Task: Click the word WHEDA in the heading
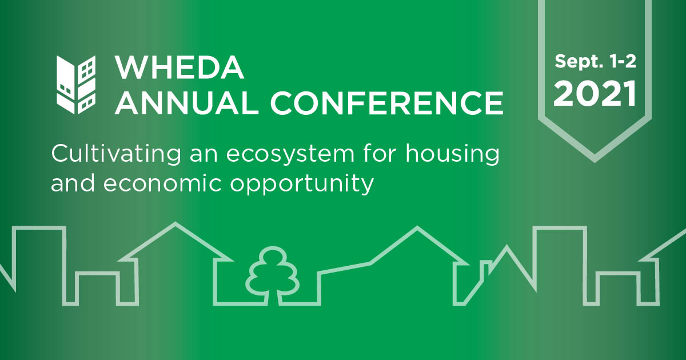pyautogui.click(x=180, y=67)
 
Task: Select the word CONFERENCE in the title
pyautogui.click(x=387, y=103)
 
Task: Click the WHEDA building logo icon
pyautogui.click(x=76, y=85)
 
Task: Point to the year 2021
pyautogui.click(x=595, y=94)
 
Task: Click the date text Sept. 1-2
pyautogui.click(x=595, y=62)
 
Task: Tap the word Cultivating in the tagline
pyautogui.click(x=116, y=153)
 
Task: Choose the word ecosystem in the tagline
pyautogui.click(x=290, y=154)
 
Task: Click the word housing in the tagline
pyautogui.click(x=452, y=153)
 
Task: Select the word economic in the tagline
pyautogui.click(x=162, y=183)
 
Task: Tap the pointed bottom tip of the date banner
pyautogui.click(x=595, y=162)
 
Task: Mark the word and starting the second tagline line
pyautogui.click(x=73, y=183)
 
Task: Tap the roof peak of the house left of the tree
pyautogui.click(x=176, y=223)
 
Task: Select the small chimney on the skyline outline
pyautogui.click(x=485, y=267)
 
